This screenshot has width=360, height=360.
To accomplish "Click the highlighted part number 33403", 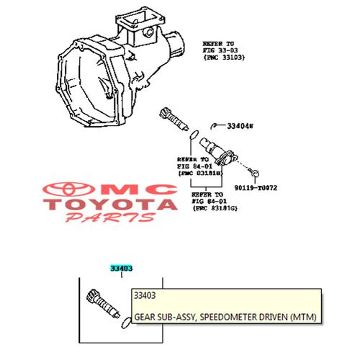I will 121,268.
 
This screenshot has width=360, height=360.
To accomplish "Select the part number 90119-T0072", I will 256,188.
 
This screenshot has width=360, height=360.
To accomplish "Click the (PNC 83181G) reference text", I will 215,208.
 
